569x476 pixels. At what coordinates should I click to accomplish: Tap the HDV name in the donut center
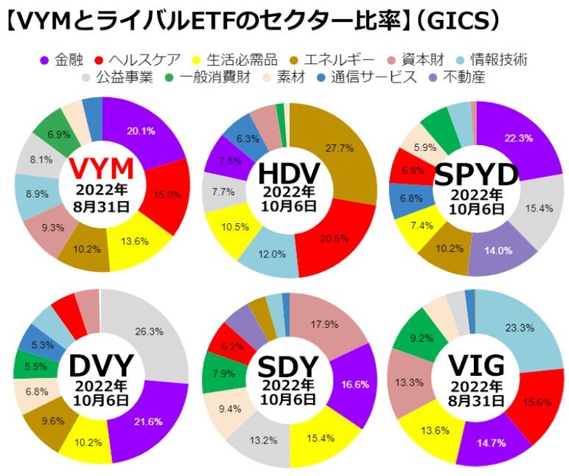[288, 174]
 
